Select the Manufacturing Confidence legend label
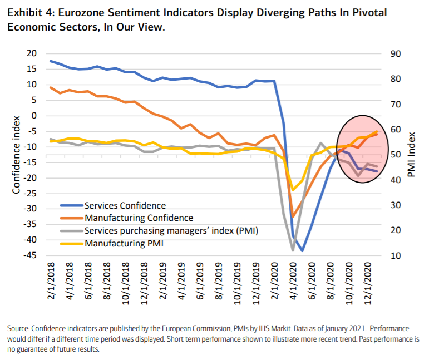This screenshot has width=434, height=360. tap(139, 218)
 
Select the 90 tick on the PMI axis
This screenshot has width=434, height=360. tap(399, 53)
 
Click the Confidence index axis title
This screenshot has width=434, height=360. tap(16, 154)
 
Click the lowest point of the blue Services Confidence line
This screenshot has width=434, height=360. tap(302, 251)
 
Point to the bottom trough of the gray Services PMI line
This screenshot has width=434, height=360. tap(293, 250)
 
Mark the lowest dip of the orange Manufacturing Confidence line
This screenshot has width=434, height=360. tap(293, 217)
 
